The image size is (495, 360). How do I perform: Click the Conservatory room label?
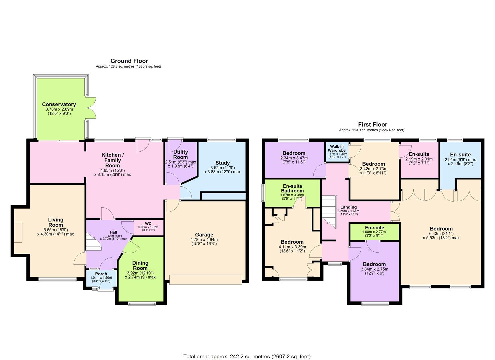[59, 104]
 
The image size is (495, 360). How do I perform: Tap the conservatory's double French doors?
[91, 108]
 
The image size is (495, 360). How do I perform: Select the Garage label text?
[204, 235]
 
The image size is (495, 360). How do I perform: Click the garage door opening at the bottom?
[206, 279]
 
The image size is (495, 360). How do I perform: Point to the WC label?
[148, 223]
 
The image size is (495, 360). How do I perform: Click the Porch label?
[101, 274]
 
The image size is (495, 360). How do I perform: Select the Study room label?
[222, 163]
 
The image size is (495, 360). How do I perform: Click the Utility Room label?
[180, 155]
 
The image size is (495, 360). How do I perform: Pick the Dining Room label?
[140, 265]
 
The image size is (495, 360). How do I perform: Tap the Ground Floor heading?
[129, 61]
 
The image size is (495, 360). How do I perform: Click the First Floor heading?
[372, 124]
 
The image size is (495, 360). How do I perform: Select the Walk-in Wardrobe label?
[337, 148]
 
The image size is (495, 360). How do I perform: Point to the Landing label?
[348, 207]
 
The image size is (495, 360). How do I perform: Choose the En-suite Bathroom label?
[292, 188]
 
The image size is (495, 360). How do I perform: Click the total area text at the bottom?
[247, 356]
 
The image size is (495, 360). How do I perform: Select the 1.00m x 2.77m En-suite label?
[374, 228]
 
